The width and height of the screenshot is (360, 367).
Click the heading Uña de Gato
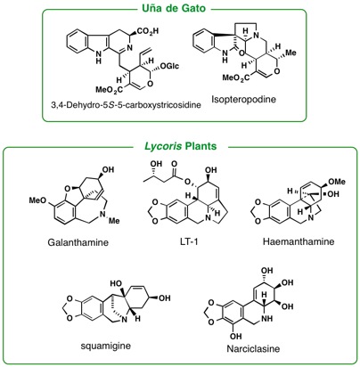point(174,8)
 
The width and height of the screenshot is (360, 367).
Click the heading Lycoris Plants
point(181,146)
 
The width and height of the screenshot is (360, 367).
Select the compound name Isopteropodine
point(243,99)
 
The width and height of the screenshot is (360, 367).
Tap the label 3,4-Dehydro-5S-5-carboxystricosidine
point(126,105)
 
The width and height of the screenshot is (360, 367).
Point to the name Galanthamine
point(78,242)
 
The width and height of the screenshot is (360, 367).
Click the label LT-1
point(189,241)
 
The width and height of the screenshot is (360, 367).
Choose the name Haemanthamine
point(299,241)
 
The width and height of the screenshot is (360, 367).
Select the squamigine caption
point(106,346)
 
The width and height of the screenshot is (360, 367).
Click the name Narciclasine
point(253,348)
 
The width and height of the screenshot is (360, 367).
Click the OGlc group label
point(169,66)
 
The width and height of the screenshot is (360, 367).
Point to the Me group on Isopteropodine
point(290,53)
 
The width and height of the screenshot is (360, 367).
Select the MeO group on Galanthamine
point(37,200)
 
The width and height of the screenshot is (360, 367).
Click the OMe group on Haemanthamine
point(337,182)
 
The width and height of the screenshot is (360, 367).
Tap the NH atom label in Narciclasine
point(268,319)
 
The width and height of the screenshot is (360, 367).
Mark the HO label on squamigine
point(116,284)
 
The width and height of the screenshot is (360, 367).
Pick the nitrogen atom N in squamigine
point(124,320)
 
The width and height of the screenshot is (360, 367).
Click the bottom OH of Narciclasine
point(235,337)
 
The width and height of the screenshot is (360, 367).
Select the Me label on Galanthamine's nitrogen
point(114,221)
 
